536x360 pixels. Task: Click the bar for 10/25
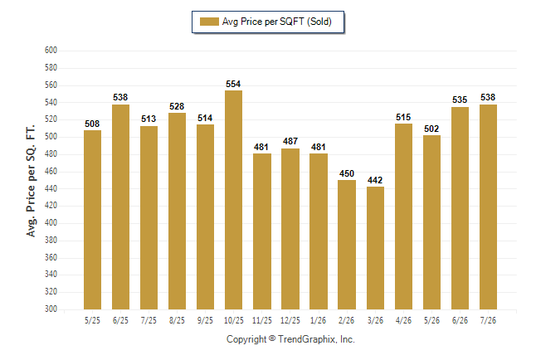pos(233,200)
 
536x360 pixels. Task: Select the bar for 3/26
pos(375,248)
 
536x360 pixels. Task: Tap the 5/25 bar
pos(92,220)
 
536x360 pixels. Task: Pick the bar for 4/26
pos(404,216)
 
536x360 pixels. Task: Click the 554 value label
pos(233,84)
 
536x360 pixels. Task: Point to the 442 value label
pos(375,180)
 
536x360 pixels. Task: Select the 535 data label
pos(460,100)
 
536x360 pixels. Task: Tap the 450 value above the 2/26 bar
pos(347,173)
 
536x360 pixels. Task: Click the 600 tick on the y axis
pos(51,51)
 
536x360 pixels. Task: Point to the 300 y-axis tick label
pos(51,309)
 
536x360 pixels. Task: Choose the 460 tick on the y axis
pos(51,171)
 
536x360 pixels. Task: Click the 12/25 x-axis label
pos(290,320)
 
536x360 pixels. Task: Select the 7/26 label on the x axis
pos(488,320)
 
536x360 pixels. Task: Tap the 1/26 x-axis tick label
pos(319,320)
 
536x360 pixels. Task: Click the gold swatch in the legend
pos(209,22)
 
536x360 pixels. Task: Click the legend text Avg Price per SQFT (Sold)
pos(277,22)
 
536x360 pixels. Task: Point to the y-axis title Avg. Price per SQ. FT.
pos(31,181)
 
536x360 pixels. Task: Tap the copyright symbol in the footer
pos(272,338)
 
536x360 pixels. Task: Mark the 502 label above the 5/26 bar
pos(431,129)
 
